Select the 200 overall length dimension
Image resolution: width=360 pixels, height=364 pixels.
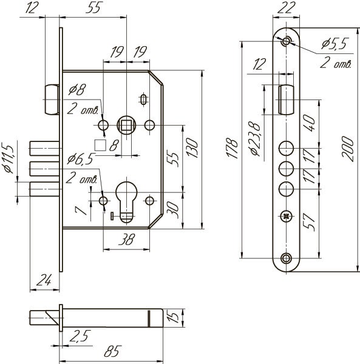[x=347, y=149]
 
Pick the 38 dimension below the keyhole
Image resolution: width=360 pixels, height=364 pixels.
[x=126, y=240]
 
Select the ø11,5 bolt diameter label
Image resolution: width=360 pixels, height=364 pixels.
[x=8, y=159]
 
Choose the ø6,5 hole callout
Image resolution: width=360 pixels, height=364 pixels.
[x=80, y=159]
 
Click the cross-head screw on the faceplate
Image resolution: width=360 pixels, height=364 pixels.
[x=286, y=215]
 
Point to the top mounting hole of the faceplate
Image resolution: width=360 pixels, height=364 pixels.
[x=286, y=41]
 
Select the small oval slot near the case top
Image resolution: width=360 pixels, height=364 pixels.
[x=143, y=99]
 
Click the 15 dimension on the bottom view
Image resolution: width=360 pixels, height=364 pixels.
[x=172, y=317]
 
